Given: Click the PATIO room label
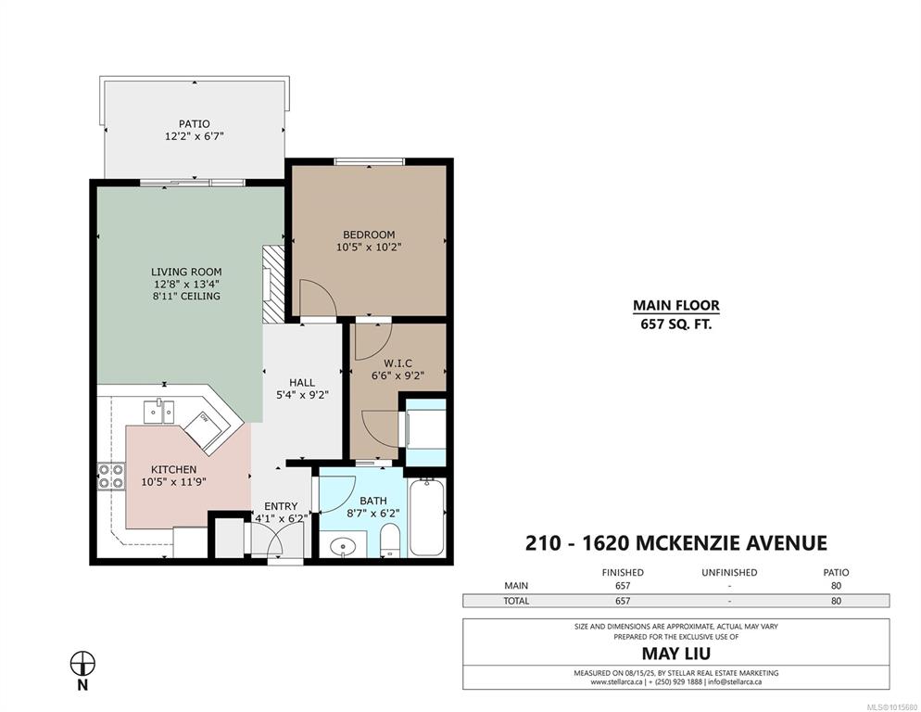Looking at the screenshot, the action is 194,124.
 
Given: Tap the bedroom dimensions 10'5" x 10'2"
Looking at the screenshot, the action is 369,248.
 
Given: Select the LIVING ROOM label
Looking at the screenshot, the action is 186,272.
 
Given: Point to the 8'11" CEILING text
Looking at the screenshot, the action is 186,297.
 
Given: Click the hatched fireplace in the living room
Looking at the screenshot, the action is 273,284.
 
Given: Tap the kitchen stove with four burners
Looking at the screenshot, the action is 111,477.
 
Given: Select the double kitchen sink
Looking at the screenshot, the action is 159,411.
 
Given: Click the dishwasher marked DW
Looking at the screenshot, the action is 204,432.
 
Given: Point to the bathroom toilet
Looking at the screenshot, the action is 389,540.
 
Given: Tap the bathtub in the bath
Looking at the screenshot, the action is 426,516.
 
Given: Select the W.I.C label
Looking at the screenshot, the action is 397,363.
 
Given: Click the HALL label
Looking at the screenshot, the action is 302,383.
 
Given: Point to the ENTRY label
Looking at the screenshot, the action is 281,506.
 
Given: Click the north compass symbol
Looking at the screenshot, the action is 82,664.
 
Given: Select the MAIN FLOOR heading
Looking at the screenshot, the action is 676,306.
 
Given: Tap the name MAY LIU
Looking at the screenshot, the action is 676,654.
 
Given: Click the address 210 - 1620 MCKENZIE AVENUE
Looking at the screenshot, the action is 676,543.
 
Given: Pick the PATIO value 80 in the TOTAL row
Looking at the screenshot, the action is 836,601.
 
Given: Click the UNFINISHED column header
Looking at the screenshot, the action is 729,573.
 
